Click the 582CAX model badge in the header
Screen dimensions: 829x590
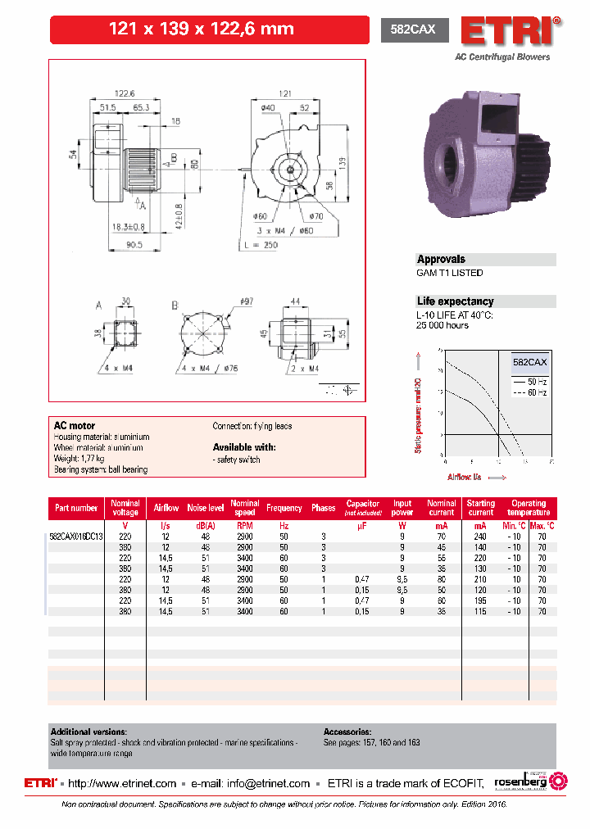(x=414, y=29)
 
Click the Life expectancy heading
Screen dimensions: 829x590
(x=455, y=301)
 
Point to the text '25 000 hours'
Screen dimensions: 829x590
(x=442, y=325)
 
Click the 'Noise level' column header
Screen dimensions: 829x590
(x=205, y=508)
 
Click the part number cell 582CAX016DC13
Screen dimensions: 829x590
(x=76, y=536)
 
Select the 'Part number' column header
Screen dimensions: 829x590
(x=76, y=508)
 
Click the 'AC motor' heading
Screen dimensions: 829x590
(x=75, y=426)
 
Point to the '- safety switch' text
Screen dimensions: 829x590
(x=237, y=460)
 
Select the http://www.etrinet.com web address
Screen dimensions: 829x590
(x=122, y=783)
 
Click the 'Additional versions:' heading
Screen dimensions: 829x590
(x=88, y=732)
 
